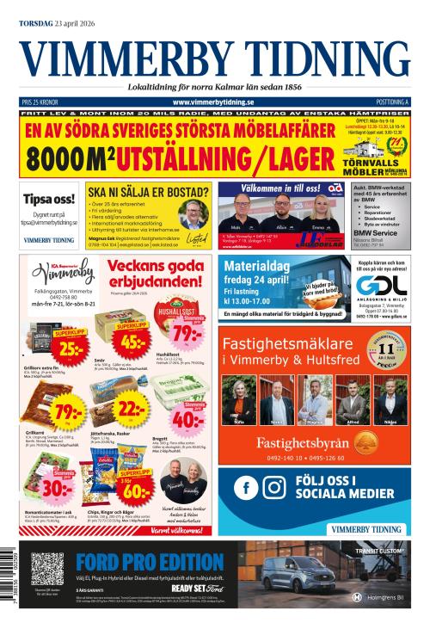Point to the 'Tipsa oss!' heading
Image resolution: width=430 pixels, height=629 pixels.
coord(48,197)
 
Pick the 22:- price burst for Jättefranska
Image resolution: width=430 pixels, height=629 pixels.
coord(132,408)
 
